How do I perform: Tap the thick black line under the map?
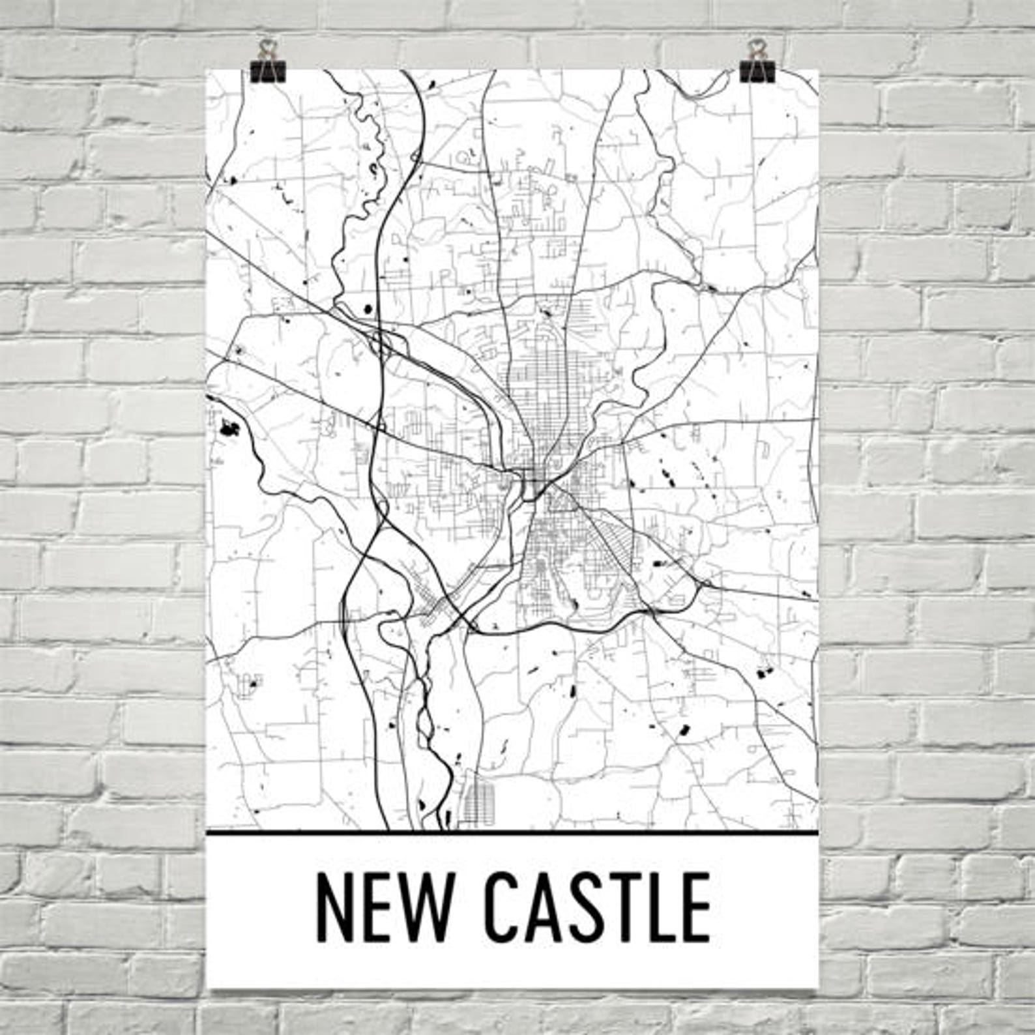pyautogui.click(x=512, y=833)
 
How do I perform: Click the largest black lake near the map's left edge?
pyautogui.click(x=230, y=429)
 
